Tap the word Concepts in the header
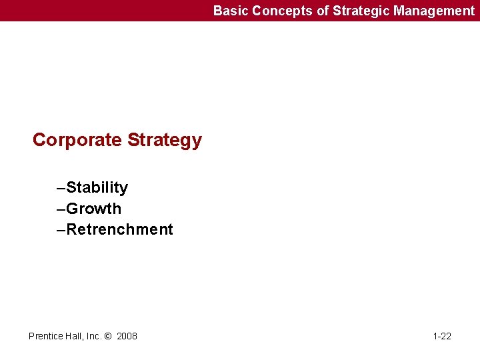pyautogui.click(x=277, y=11)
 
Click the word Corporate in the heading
pyautogui.click(x=77, y=140)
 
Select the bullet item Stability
pyautogui.click(x=97, y=188)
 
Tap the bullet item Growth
pyautogui.click(x=94, y=209)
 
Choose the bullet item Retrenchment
pyautogui.click(x=120, y=230)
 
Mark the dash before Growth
pyautogui.click(x=61, y=209)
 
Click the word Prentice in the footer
pyautogui.click(x=46, y=336)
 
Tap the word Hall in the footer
pyautogui.click(x=75, y=336)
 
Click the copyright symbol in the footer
pyautogui.click(x=109, y=336)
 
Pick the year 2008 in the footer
pyautogui.click(x=127, y=336)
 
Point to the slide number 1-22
pyautogui.click(x=441, y=336)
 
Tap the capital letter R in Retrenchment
pyautogui.click(x=73, y=230)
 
